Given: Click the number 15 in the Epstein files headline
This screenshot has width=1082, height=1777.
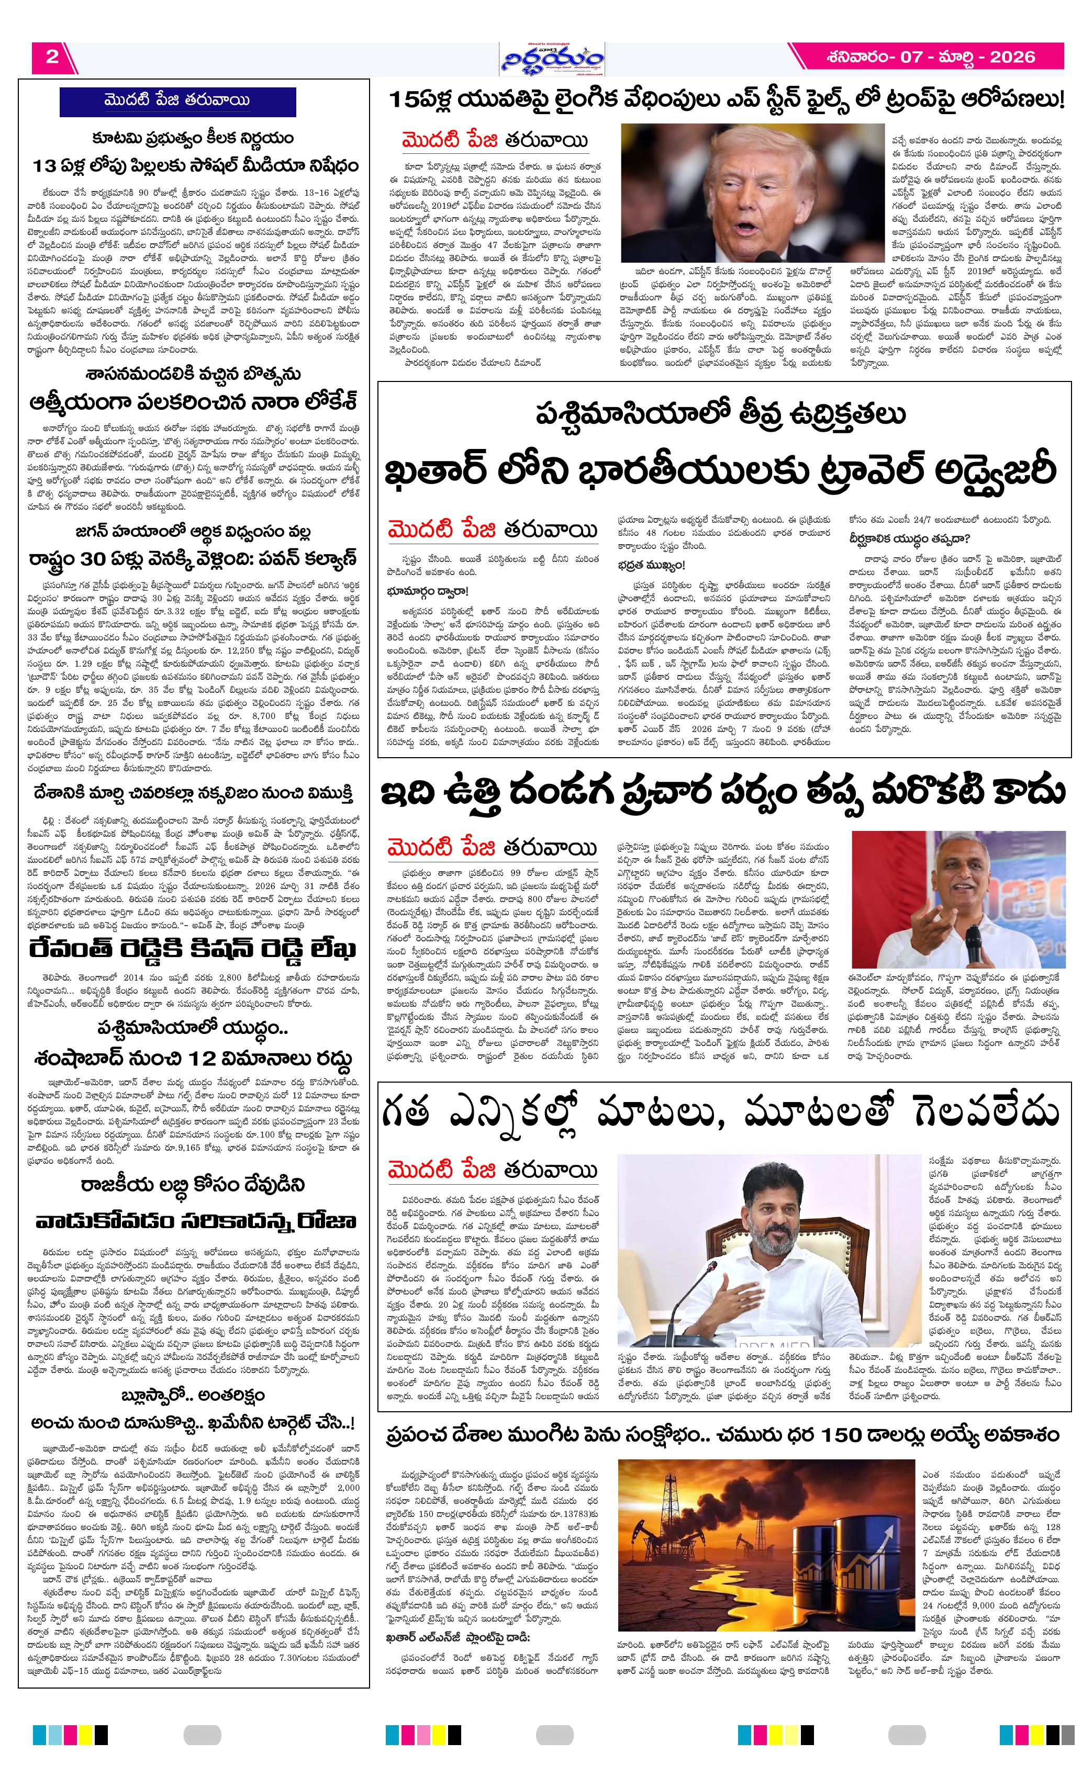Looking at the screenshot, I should click(x=400, y=100).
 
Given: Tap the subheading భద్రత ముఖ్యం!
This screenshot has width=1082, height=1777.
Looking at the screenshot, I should click(x=651, y=566).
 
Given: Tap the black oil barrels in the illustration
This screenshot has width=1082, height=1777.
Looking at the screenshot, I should click(x=851, y=1565).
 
